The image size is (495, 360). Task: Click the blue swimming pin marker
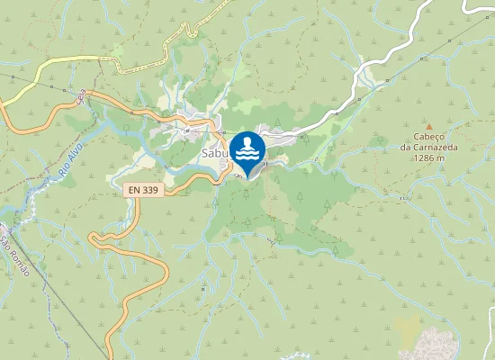[247, 151]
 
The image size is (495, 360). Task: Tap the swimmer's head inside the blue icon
[247, 141]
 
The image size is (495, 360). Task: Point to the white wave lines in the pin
[247, 154]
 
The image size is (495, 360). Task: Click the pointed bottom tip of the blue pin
[247, 177]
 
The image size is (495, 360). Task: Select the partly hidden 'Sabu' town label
[212, 154]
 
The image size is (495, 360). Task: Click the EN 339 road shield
[141, 191]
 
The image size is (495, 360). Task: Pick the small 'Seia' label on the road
[81, 95]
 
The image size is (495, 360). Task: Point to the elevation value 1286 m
[429, 158]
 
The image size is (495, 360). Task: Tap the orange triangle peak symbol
[429, 127]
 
